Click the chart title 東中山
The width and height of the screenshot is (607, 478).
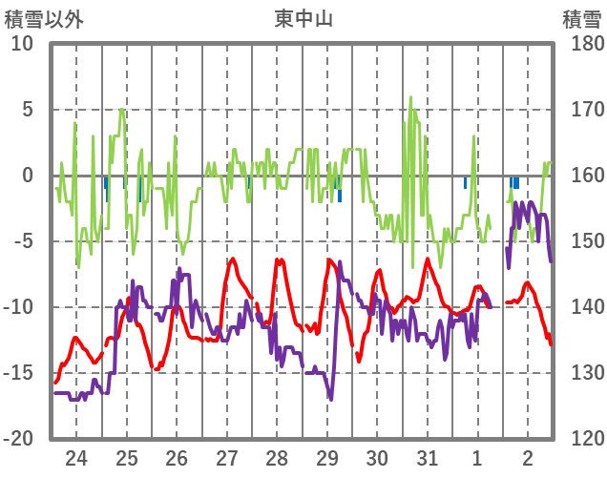click(303, 18)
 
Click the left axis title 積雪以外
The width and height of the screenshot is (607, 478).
click(40, 18)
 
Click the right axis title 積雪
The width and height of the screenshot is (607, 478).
click(581, 18)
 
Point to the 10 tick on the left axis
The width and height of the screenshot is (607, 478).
click(22, 44)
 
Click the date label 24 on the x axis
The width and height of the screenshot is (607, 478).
click(75, 458)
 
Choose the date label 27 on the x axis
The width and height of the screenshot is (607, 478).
click(226, 458)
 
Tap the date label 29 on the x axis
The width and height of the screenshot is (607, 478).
click(326, 458)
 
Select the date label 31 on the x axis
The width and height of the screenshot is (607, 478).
click(427, 458)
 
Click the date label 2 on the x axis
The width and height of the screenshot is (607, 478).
click(527, 458)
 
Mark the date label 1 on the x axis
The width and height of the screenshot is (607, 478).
click(477, 458)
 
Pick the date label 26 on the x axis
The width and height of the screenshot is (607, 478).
click(177, 458)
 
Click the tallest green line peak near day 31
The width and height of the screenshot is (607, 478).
click(411, 96)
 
